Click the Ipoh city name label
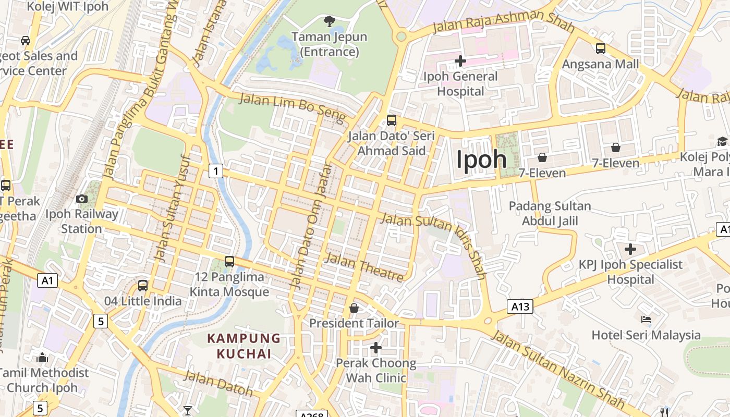pos(481,160)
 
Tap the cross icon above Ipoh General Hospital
pos(460,61)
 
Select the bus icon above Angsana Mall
pos(601,48)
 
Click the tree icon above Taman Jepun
pos(329,21)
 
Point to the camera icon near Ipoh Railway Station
pos(82,199)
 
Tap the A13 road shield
pos(520,306)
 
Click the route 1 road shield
pos(216,170)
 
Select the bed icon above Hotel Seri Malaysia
pos(646,319)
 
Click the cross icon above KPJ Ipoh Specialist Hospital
pos(630,249)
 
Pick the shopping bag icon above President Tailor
pos(354,308)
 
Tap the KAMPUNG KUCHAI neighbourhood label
pos(244,346)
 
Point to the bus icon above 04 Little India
pos(143,286)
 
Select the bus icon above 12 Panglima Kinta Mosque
pos(229,262)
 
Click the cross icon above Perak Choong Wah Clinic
pos(376,347)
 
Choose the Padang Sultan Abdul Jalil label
pos(550,213)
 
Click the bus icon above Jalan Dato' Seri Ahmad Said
pos(392,121)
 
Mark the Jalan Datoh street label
pos(218,383)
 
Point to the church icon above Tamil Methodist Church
pos(42,358)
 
